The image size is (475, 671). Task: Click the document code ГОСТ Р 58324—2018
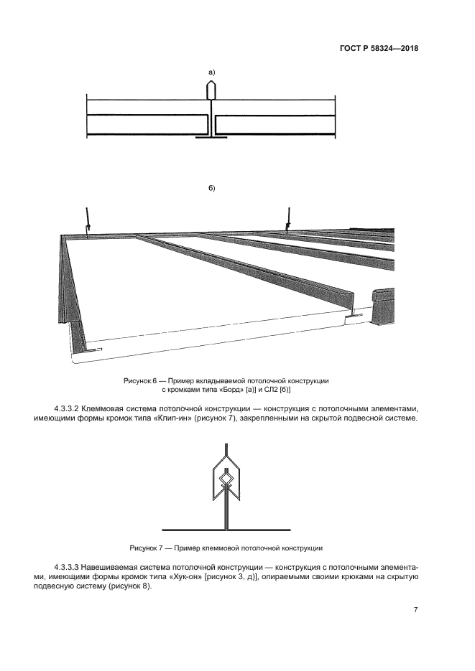pos(379,49)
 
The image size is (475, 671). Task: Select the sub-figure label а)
pos(211,72)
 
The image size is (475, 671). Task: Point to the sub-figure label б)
pos(211,188)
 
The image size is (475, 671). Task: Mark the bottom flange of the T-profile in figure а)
pos(211,139)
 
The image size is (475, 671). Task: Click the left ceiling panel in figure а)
pos(147,125)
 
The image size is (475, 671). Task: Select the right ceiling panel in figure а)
pos(275,125)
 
